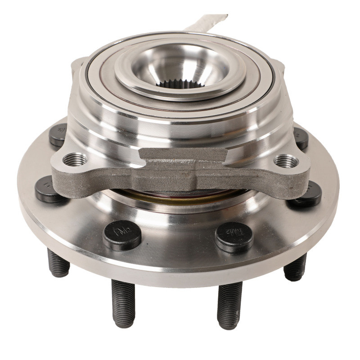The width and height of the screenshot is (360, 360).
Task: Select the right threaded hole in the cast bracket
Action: click(285, 160)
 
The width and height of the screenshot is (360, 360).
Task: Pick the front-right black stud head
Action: click(234, 235)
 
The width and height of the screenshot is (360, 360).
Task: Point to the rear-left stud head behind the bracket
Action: click(59, 135)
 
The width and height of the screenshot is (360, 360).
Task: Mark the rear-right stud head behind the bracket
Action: click(300, 138)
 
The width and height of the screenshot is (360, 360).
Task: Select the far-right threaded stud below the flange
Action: click(295, 267)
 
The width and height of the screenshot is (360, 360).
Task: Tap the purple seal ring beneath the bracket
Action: click(180, 195)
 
